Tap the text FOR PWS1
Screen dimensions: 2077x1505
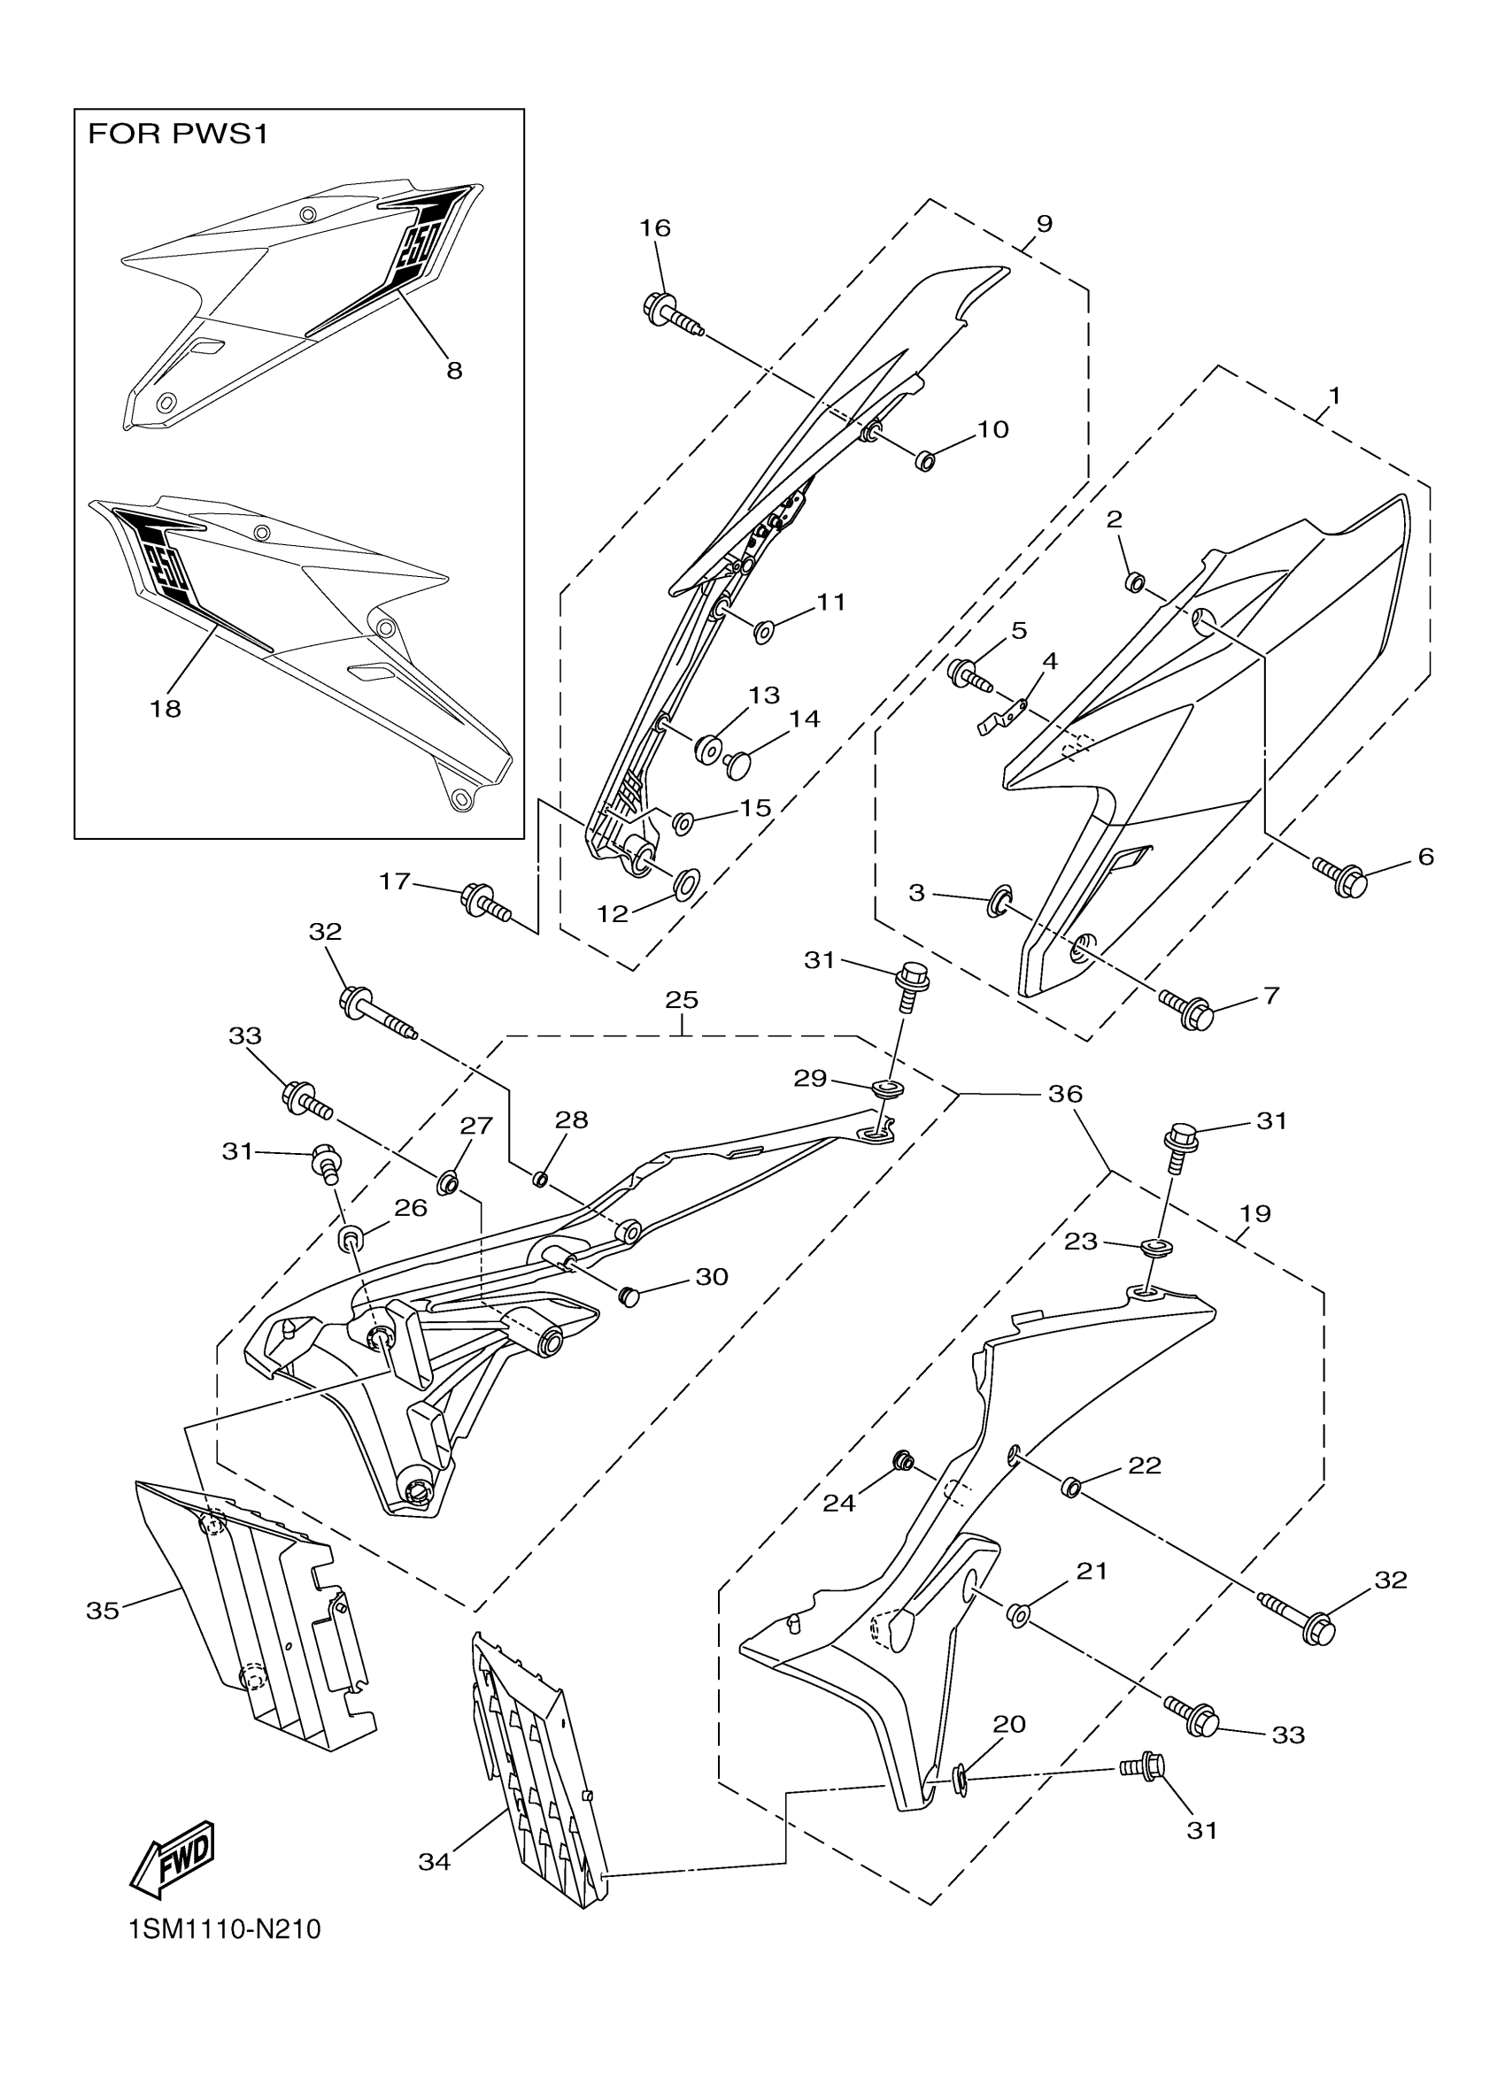point(178,135)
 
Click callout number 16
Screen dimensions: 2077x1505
point(655,227)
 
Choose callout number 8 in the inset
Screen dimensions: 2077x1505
point(454,370)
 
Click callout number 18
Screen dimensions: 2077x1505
point(166,708)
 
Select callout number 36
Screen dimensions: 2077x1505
point(1064,1094)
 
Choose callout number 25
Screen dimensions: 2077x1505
point(682,999)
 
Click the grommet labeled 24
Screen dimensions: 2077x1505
point(902,1460)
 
